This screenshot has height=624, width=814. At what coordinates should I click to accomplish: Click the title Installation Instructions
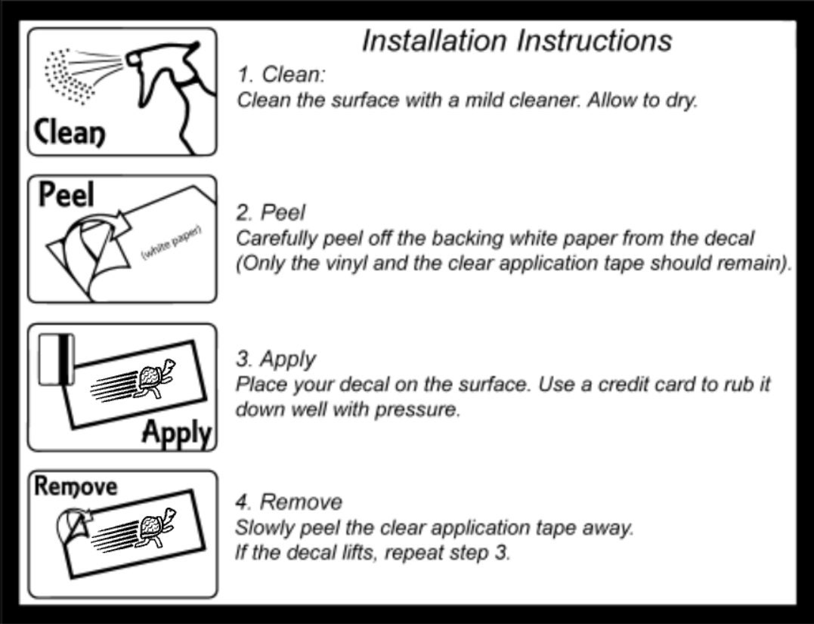point(516,41)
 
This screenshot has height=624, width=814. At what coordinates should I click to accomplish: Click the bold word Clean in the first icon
point(69,133)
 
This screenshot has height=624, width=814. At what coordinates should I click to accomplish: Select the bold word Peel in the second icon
point(67,194)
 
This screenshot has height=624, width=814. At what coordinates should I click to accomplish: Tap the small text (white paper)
point(172,242)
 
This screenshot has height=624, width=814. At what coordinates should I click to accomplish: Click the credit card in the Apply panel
point(57,360)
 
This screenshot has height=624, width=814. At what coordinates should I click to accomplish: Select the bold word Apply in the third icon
point(177,433)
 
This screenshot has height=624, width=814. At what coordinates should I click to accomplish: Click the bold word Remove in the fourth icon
point(76,487)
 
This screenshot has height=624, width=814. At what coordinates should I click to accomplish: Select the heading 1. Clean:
point(281,74)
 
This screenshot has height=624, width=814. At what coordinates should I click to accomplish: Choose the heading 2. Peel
point(271,213)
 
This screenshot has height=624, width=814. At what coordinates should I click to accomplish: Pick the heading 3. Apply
point(276,360)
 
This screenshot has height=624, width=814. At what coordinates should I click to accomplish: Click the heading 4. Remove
point(289,502)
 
